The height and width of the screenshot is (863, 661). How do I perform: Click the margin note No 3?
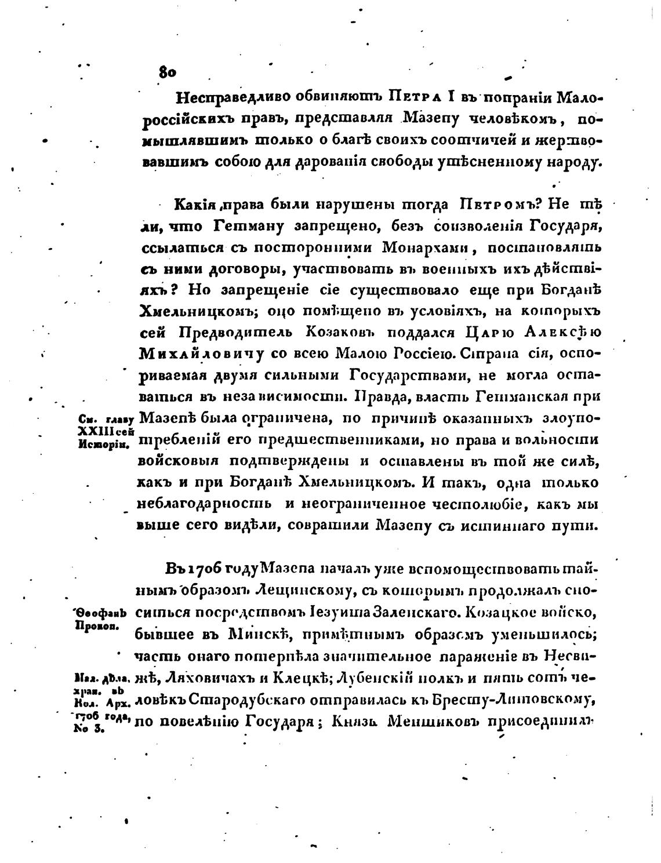89,730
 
